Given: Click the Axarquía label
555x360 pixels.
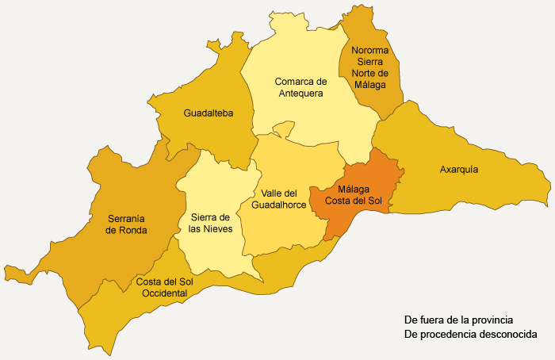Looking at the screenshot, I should (x=459, y=169).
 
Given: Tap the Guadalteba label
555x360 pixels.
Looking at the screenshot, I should (x=208, y=113).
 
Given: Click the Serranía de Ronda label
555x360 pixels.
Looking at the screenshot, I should (x=131, y=224).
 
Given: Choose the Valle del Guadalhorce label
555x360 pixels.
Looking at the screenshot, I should (x=278, y=198).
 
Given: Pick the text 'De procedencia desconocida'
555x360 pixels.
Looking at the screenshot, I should (x=470, y=335).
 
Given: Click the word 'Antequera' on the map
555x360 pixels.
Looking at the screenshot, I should (x=301, y=94).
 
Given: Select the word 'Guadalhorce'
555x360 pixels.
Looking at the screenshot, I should (x=278, y=205).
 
